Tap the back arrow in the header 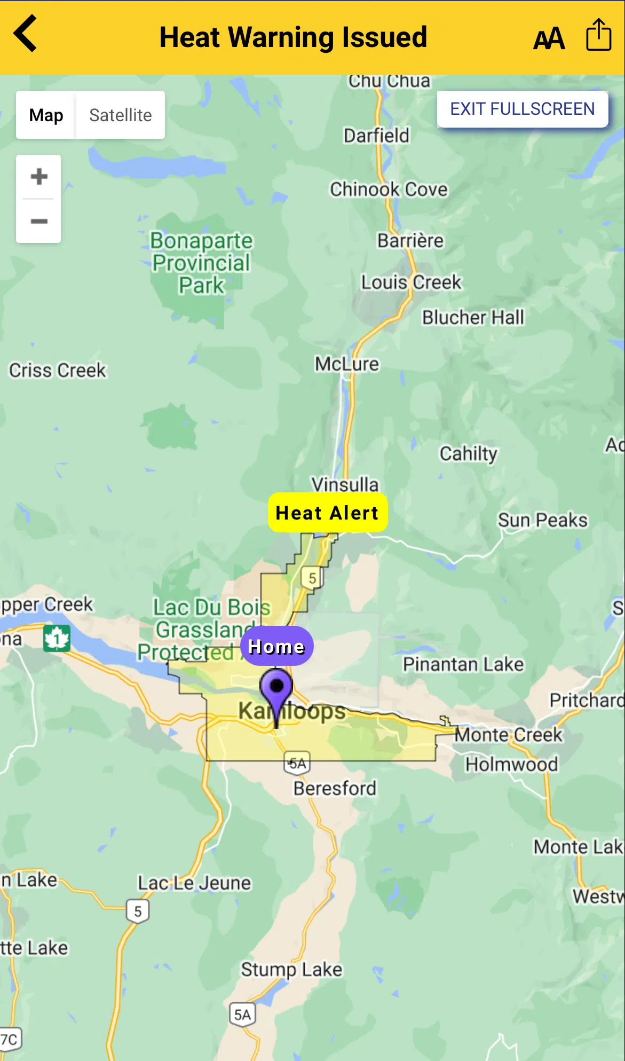coord(26,34)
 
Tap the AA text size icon coord(549,38)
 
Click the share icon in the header coord(598,35)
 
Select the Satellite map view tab coord(120,115)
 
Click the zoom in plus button coord(39,177)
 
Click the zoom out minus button coord(39,221)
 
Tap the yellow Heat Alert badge coord(327,513)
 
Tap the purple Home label coord(276,646)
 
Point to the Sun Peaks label coord(542,520)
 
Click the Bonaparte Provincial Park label coord(201,263)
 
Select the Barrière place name coord(410,241)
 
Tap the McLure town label coord(347,364)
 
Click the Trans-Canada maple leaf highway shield coord(57,638)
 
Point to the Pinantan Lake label coord(463,664)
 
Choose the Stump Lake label coord(291,969)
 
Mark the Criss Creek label coord(58,370)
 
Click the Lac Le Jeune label coord(194,883)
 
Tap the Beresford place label coord(335,788)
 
